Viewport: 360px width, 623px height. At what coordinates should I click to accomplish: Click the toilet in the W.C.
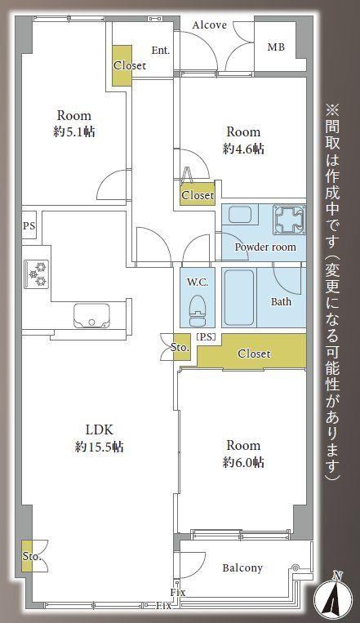coord(197,311)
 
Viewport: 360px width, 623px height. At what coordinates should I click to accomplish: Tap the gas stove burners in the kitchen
coord(37,273)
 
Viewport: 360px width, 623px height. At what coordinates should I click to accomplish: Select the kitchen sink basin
coord(91,315)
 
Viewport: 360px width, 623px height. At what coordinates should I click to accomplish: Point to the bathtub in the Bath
coord(239,298)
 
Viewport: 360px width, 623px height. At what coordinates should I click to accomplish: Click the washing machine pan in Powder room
coord(289,220)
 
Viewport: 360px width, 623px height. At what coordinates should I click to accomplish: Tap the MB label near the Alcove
coord(276,47)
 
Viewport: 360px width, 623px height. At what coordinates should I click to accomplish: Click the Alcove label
coord(210,25)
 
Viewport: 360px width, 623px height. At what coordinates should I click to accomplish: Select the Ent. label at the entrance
coord(161,51)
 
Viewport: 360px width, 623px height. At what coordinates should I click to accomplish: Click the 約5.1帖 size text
coord(74,132)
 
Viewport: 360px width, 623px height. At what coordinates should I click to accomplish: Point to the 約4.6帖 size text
coord(243,149)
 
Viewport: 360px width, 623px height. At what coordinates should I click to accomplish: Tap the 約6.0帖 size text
coord(243,462)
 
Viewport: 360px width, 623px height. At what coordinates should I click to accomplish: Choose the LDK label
coord(100,430)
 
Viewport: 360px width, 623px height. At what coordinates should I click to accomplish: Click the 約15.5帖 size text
coord(100,447)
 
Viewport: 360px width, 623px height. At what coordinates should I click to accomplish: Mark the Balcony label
coord(242,567)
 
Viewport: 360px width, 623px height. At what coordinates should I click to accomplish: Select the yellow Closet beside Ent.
coord(122,65)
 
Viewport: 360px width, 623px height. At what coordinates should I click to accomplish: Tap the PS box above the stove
coord(29,225)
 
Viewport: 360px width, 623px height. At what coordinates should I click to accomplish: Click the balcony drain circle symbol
coord(296,567)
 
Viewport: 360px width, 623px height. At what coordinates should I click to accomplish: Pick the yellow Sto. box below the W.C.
coord(180,348)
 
